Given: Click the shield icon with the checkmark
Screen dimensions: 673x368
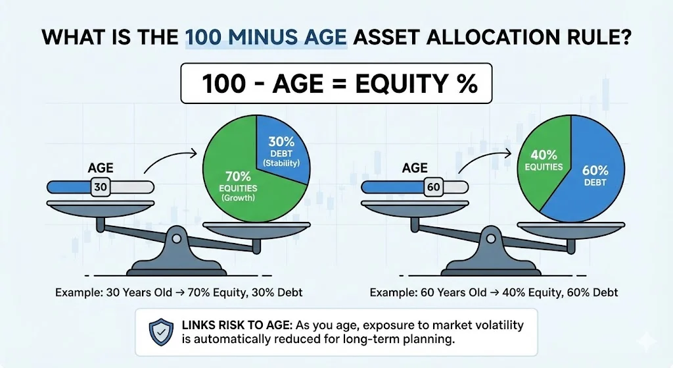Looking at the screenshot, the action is coord(161,332).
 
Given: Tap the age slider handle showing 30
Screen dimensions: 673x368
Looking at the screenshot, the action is coord(101,188).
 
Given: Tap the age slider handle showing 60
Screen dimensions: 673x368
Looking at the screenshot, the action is coord(434,188).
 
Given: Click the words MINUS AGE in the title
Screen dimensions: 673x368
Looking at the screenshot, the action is coord(287,38).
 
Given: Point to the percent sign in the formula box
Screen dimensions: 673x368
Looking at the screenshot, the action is coord(467,84).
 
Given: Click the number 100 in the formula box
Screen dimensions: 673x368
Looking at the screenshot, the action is coord(223,84).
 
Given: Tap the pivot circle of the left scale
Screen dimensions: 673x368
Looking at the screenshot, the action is coord(176,238).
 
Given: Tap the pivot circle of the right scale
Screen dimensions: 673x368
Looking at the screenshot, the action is coord(490,238).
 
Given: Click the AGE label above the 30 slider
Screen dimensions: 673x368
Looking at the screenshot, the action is coord(101,168).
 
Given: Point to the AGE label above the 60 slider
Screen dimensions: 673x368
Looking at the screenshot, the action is coord(415,168).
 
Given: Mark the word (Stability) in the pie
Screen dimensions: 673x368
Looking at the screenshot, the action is coord(281,163).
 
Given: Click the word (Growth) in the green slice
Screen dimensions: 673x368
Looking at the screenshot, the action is coord(238,197).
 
